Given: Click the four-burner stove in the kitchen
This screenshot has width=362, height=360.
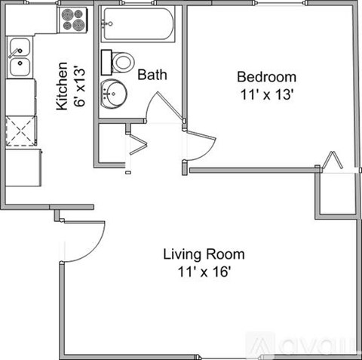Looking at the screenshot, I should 73,20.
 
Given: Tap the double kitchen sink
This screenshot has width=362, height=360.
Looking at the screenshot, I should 20,60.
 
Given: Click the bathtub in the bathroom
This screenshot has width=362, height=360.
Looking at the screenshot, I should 138,25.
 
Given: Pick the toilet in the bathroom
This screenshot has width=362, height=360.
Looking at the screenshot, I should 122,60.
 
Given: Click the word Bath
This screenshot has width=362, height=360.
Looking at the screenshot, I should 152,75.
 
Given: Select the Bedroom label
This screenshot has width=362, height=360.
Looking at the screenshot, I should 266,77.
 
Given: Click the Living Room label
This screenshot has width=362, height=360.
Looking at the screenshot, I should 204,254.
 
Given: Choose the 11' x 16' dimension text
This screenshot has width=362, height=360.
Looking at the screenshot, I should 204,271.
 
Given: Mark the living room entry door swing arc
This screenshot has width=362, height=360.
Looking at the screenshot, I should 84,240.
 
